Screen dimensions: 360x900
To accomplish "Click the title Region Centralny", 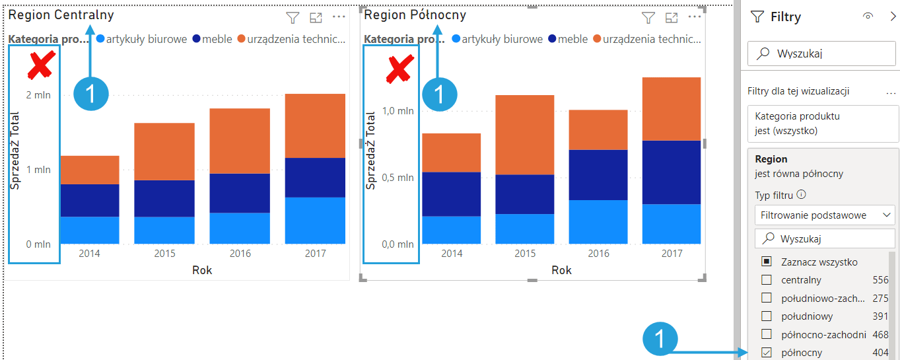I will [x=61, y=15].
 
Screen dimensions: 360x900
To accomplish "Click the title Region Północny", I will [x=415, y=15].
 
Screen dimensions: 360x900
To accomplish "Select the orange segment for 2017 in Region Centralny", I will [x=315, y=126].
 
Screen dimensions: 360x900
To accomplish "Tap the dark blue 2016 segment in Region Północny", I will [x=598, y=175].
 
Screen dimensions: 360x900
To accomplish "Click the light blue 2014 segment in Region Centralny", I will [x=89, y=230].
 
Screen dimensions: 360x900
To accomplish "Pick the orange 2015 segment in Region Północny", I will [x=525, y=135].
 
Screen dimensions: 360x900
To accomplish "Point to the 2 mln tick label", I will [x=38, y=95].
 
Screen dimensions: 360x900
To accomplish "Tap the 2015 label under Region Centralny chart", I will [x=164, y=254].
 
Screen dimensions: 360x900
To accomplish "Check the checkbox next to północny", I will [x=767, y=353].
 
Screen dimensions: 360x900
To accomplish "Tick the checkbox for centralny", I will [x=767, y=280].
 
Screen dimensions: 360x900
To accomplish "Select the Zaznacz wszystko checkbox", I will [x=767, y=262].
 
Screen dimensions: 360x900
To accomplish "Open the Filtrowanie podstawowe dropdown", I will [x=824, y=215].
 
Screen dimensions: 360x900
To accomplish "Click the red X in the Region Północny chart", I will [x=399, y=69].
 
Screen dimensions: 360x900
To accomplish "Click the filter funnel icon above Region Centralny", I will [x=293, y=18].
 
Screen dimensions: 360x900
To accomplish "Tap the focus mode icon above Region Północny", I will [x=672, y=18].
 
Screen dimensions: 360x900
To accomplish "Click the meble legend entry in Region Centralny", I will [x=212, y=39].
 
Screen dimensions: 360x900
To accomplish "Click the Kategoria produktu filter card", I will [x=823, y=124].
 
